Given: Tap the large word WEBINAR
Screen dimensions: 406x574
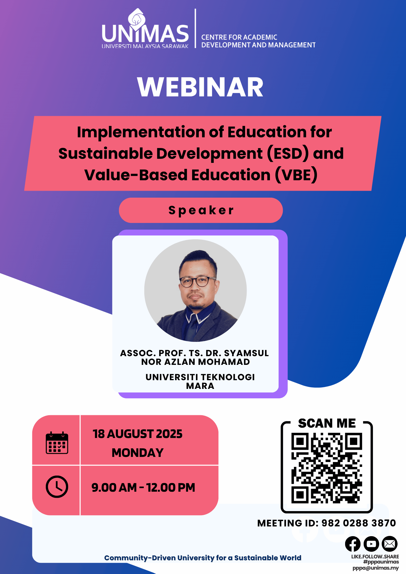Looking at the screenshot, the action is (200, 87).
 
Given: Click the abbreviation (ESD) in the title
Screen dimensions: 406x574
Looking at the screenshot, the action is (288, 154).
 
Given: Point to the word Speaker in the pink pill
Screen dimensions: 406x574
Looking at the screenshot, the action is (201, 210).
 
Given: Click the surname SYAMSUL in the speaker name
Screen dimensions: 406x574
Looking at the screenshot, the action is (246, 353).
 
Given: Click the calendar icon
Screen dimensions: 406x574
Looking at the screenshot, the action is (57, 443).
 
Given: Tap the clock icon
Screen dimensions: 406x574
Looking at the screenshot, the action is (57, 487).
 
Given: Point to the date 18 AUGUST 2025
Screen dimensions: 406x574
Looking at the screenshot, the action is (138, 434).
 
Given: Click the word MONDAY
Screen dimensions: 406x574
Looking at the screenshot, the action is (138, 453).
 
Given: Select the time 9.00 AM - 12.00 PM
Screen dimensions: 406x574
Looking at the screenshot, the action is (143, 487).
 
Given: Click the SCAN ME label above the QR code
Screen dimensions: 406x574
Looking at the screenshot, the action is (327, 423).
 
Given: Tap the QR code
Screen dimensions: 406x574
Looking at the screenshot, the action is (327, 468).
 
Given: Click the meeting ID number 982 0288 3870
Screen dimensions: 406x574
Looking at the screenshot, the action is (359, 523).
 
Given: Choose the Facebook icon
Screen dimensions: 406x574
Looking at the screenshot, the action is (353, 544).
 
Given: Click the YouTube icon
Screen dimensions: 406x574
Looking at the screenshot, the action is (371, 544).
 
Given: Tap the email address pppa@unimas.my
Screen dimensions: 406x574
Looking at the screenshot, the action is (376, 568).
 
